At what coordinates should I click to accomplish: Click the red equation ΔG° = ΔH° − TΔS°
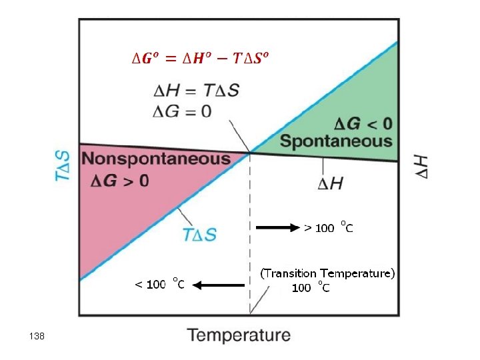(x=199, y=59)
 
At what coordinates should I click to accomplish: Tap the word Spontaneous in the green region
(x=336, y=141)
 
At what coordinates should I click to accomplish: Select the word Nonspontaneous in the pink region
(x=156, y=159)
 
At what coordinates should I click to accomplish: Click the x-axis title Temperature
(x=239, y=335)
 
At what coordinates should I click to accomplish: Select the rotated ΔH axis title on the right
(x=422, y=166)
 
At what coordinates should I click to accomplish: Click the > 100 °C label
(x=329, y=227)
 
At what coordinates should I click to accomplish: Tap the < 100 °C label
(x=159, y=284)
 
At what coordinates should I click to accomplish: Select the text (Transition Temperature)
(x=327, y=273)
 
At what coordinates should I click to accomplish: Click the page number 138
(x=37, y=337)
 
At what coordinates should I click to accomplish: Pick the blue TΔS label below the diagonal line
(x=199, y=234)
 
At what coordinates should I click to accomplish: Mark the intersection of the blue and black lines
(x=250, y=152)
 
